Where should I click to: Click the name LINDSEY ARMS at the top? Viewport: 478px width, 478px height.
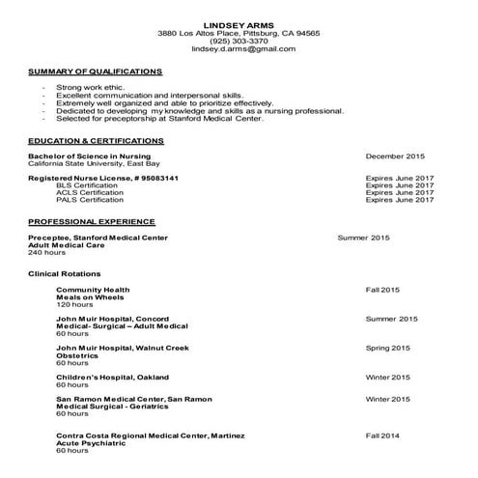(238, 23)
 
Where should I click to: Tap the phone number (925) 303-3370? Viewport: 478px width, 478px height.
(238, 42)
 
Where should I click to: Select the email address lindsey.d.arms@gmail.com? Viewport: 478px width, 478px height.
(238, 49)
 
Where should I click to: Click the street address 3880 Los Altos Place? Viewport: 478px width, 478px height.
(197, 33)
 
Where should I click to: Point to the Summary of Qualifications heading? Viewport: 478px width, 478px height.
(95, 71)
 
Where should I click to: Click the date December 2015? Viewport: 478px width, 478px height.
(395, 155)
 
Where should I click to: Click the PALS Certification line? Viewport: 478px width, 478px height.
(90, 201)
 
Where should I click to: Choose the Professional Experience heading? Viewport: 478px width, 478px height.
(91, 221)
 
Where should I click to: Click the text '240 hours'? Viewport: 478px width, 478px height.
(46, 252)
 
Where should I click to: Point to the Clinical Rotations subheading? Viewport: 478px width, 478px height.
(64, 274)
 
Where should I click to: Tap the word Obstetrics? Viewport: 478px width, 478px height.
(78, 354)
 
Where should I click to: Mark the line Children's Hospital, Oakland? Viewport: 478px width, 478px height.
(112, 377)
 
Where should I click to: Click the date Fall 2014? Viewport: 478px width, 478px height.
(382, 436)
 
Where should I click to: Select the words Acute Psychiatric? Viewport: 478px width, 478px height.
(92, 443)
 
